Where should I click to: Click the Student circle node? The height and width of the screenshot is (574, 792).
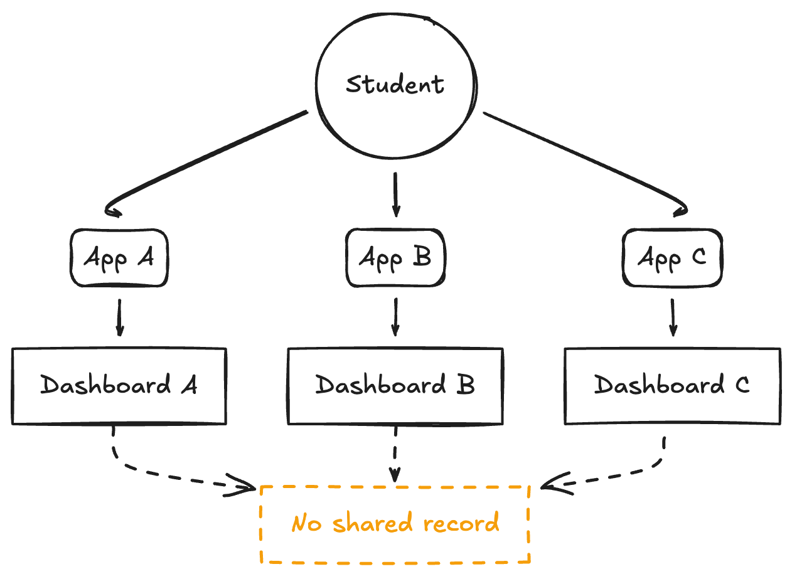point(395,84)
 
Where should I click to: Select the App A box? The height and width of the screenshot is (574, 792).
point(119,258)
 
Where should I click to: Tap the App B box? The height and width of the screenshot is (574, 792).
point(395,258)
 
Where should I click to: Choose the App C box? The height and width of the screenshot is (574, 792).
point(672,258)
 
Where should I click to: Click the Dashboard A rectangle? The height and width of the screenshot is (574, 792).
point(119,386)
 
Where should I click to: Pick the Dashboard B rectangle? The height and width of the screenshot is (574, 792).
point(395,386)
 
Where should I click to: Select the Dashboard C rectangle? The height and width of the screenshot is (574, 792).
point(672,386)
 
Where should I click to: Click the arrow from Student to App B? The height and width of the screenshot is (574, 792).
point(395,194)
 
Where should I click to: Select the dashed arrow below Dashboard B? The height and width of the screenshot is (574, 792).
point(395,455)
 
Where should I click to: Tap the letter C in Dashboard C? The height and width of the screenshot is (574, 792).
point(742,385)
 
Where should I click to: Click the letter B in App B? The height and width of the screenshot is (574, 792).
point(423,257)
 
